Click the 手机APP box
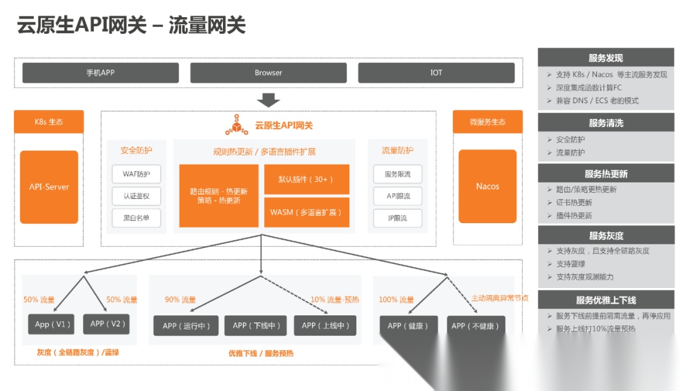100,72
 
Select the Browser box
268,72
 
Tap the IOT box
436,72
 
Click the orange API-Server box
49,187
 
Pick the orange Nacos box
487,186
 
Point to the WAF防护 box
137,174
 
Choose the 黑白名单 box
137,217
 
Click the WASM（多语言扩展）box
306,212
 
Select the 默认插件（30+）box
306,179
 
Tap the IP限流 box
398,217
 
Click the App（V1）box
51,324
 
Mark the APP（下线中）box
256,326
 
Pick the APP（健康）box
408,326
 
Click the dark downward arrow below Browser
268,100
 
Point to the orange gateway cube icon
237,125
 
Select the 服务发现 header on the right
605,58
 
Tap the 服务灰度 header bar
605,235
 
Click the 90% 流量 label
180,299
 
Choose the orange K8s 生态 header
49,121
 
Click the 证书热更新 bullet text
574,202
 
